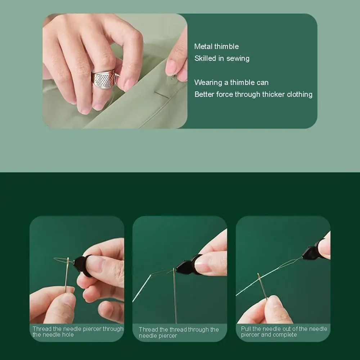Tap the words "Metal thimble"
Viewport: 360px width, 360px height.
tap(216, 46)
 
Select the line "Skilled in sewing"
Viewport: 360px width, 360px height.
tap(222, 58)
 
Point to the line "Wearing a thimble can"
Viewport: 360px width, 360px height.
tap(231, 82)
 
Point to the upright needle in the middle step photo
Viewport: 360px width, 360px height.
tap(175, 296)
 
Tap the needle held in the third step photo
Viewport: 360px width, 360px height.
tap(262, 286)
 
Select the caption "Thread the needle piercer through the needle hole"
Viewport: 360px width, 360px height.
tap(78, 332)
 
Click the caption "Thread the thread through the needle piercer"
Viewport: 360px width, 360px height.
tap(179, 332)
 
